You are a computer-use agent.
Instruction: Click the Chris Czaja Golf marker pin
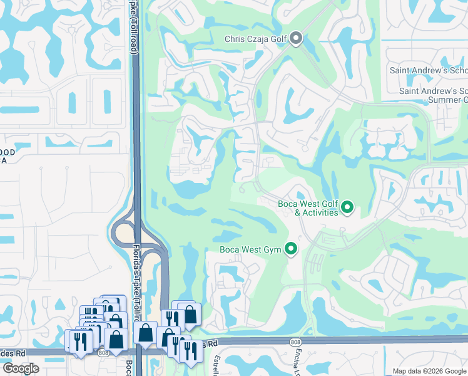pyautogui.click(x=296, y=39)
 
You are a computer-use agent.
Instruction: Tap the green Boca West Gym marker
pyautogui.click(x=290, y=249)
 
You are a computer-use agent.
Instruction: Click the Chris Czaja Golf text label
pyautogui.click(x=255, y=39)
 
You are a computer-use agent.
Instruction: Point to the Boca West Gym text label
pyautogui.click(x=250, y=250)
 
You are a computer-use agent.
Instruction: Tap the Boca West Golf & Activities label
pyautogui.click(x=307, y=208)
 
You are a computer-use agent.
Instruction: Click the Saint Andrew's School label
pyautogui.click(x=428, y=70)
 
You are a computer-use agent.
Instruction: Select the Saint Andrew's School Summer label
pyautogui.click(x=434, y=95)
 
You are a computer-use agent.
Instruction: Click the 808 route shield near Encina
pyautogui.click(x=296, y=342)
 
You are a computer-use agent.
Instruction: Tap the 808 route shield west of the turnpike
pyautogui.click(x=102, y=353)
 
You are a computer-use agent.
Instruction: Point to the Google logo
pyautogui.click(x=21, y=368)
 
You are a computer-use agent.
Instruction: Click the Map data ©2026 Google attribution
pyautogui.click(x=429, y=371)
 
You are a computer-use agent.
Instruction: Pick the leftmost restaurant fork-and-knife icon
pyautogui.click(x=80, y=342)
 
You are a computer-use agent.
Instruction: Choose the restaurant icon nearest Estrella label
pyautogui.click(x=191, y=351)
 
